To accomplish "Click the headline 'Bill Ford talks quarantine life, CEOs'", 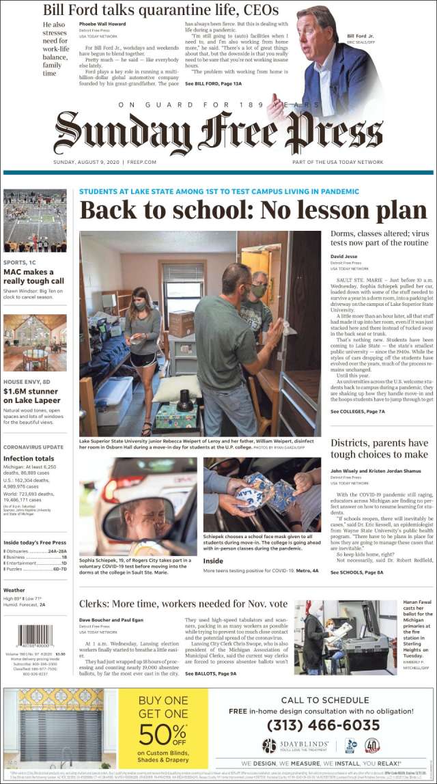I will click(x=160, y=10).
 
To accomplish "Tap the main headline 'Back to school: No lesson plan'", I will click(x=253, y=210).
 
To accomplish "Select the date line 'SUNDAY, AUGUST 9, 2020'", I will click(x=105, y=162).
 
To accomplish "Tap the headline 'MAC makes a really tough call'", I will click(x=34, y=276).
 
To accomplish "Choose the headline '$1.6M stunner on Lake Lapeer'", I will click(x=32, y=395).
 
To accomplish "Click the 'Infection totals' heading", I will click(x=28, y=458).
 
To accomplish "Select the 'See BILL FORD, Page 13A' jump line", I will click(x=213, y=83).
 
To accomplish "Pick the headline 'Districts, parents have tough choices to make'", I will click(x=380, y=449).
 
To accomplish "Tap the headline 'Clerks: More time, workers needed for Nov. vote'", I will click(x=183, y=604).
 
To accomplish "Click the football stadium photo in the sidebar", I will click(x=35, y=221).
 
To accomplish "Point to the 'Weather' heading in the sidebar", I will click(x=14, y=590).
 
